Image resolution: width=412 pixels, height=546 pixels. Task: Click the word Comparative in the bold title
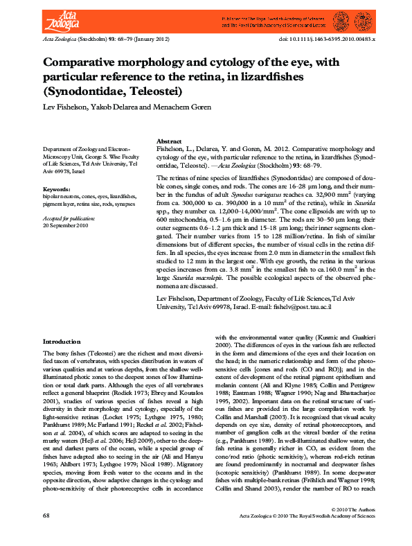pos(82,62)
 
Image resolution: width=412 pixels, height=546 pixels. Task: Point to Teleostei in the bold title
pos(150,90)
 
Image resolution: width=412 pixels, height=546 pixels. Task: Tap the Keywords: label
pos(56,189)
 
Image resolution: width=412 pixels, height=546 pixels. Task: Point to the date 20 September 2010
pos(66,225)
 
